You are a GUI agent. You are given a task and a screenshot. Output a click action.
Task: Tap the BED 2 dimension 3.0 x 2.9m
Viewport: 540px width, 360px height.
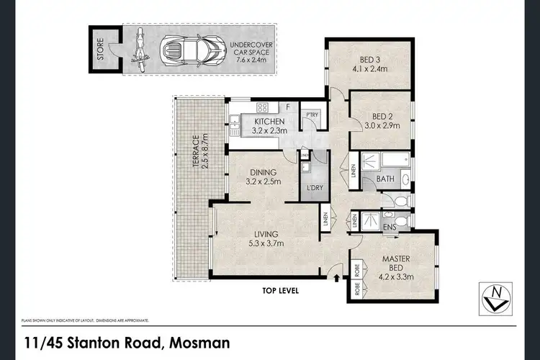click(382, 126)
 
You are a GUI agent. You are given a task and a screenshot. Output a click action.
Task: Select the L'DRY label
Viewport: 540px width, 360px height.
click(314, 188)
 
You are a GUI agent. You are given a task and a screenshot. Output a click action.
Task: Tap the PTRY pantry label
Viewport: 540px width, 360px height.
click(312, 115)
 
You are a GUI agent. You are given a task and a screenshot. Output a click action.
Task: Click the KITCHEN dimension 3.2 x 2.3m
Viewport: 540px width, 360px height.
click(271, 131)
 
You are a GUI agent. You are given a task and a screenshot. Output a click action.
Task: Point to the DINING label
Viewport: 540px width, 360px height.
click(263, 172)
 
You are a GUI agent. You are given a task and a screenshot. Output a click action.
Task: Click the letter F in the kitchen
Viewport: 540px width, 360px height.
click(287, 107)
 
